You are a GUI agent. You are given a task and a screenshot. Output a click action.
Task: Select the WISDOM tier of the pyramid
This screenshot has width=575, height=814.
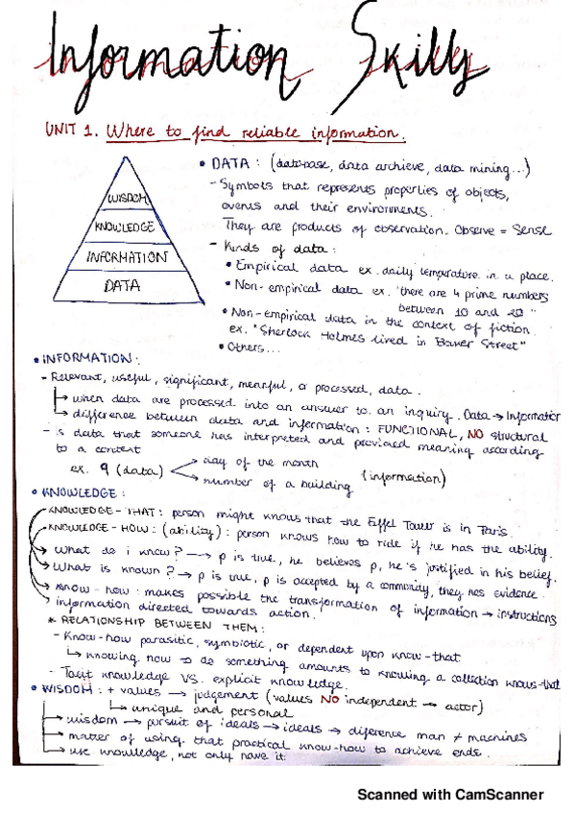click(125, 199)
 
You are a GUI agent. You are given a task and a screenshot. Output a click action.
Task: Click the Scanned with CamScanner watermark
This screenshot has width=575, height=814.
click(450, 794)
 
